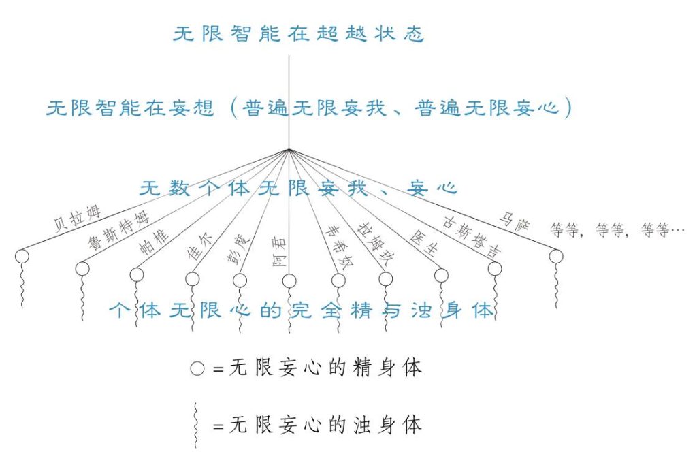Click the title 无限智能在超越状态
[x=299, y=34]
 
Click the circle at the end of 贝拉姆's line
[x=22, y=256]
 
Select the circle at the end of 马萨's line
[x=556, y=256]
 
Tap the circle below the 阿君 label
[x=289, y=280]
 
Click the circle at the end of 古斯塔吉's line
[x=495, y=268]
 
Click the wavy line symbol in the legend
[x=196, y=425]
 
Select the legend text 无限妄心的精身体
[x=326, y=368]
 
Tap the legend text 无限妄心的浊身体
[x=326, y=425]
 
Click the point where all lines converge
[x=289, y=149]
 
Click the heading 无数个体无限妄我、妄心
[x=297, y=189]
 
